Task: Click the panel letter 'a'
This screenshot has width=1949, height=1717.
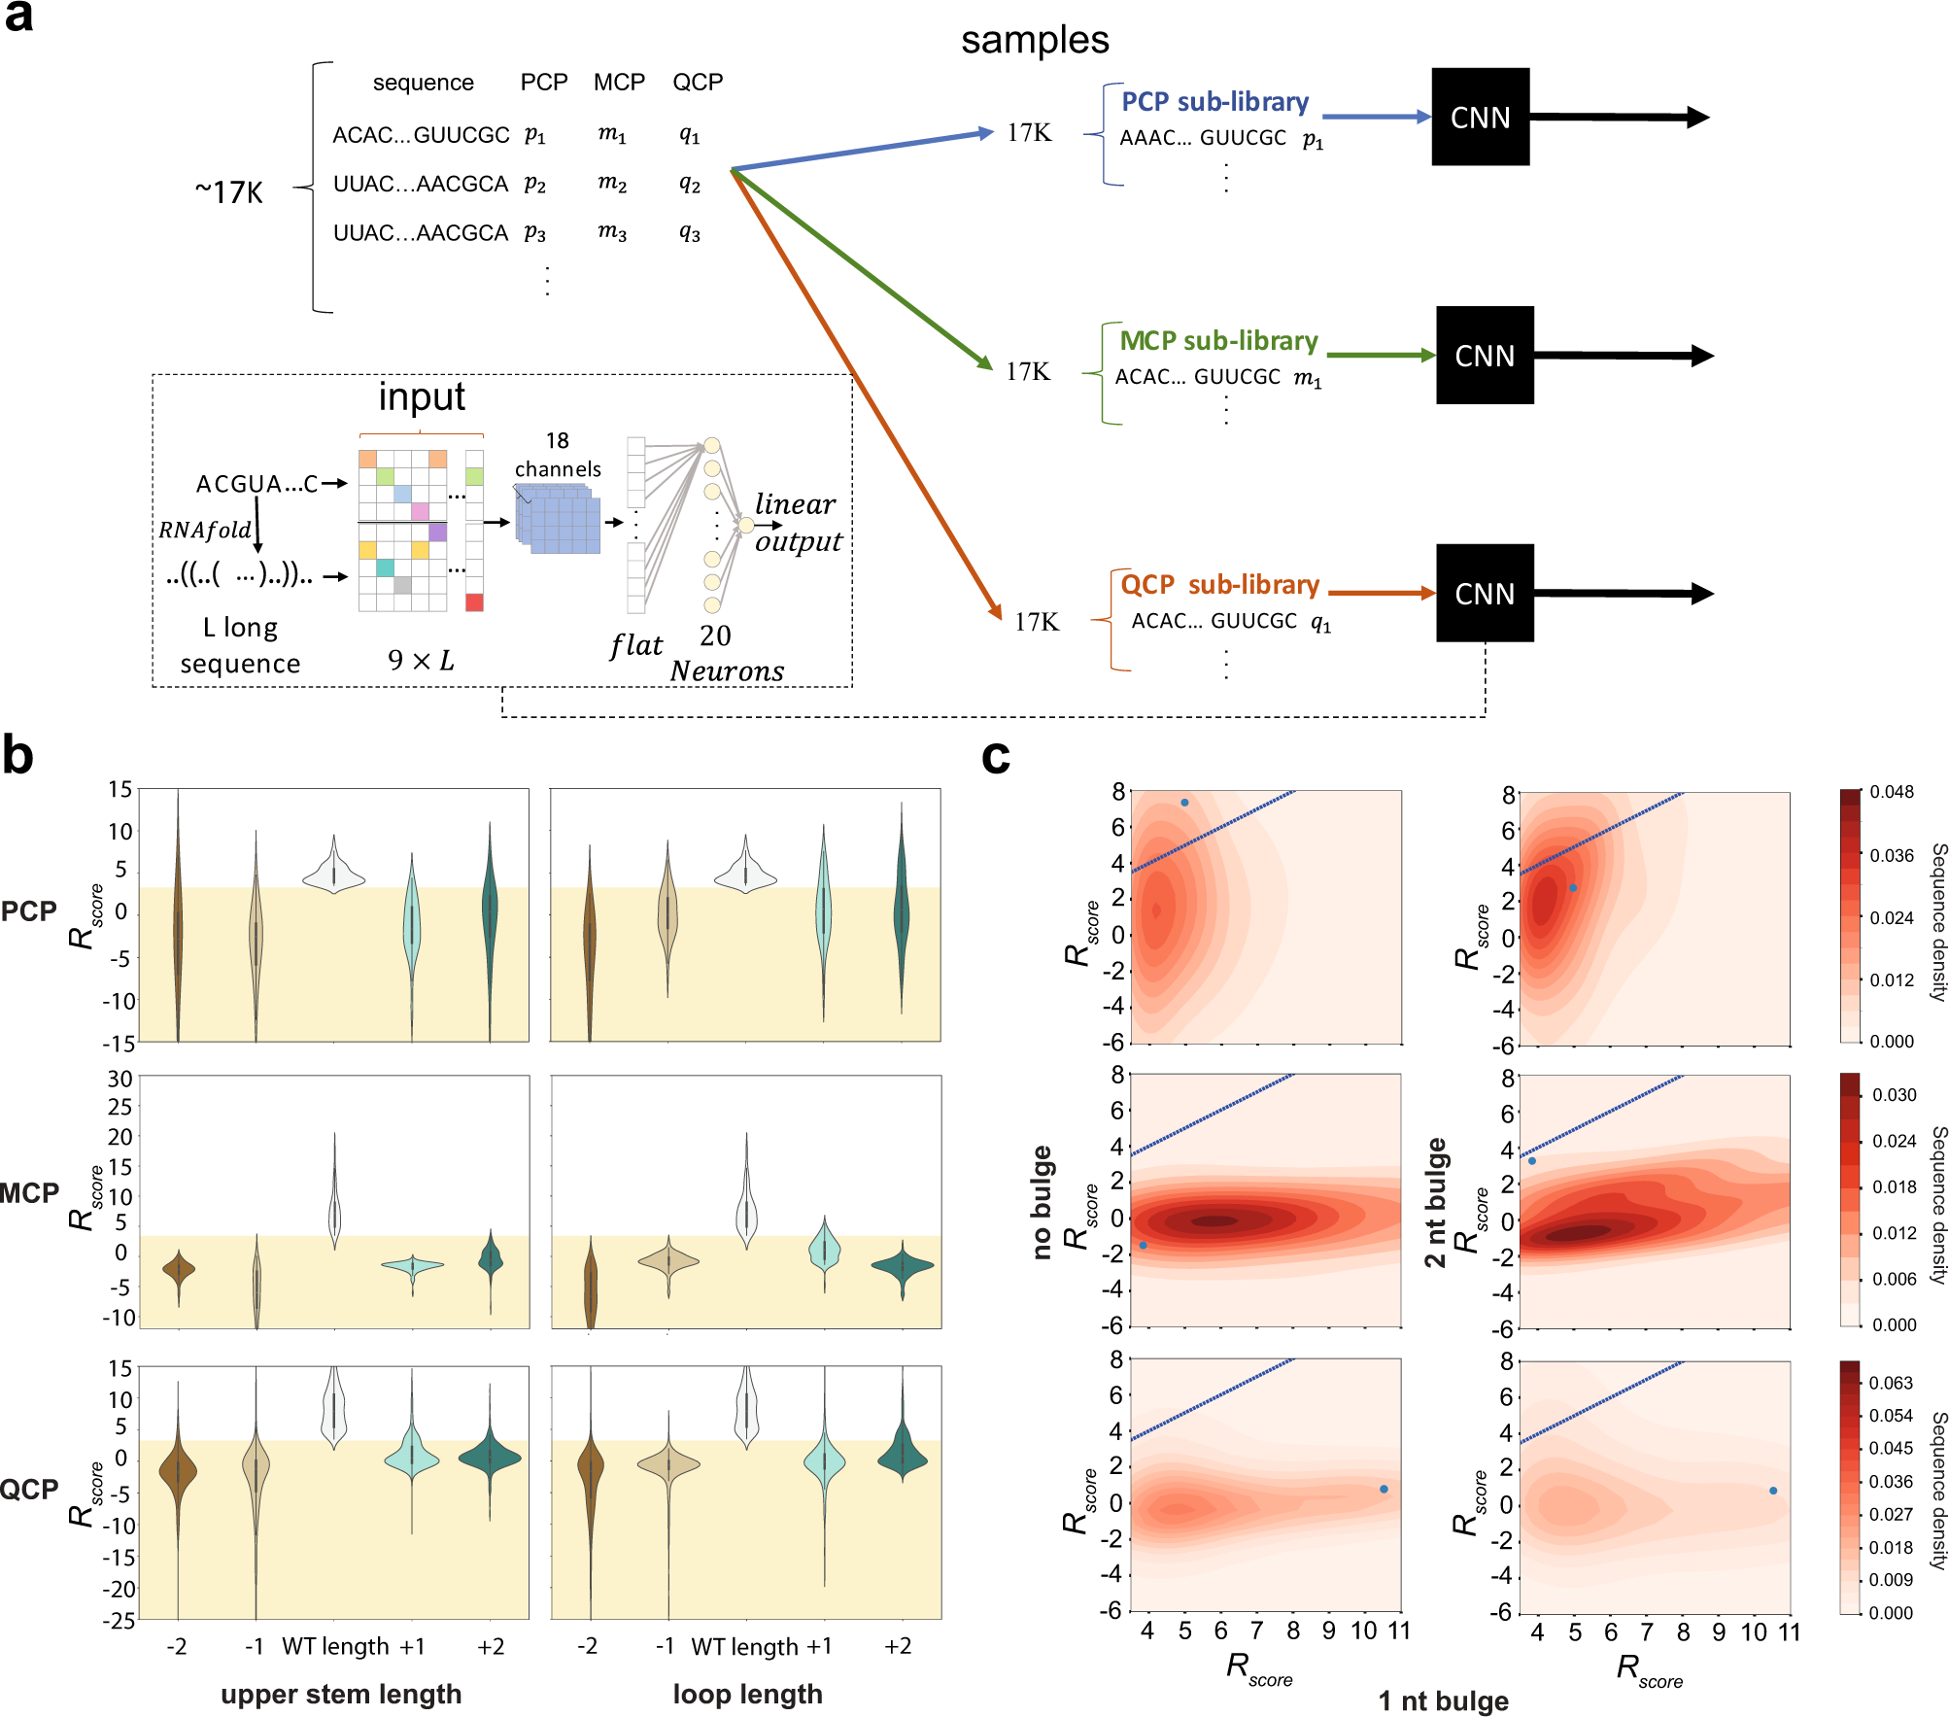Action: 18,17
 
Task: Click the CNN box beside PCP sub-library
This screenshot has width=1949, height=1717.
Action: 1480,118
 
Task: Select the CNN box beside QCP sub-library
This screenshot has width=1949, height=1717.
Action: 1484,594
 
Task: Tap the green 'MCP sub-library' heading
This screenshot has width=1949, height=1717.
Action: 1218,341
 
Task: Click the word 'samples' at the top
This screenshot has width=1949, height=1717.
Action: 1034,41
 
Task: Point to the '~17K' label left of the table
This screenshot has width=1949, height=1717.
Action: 229,192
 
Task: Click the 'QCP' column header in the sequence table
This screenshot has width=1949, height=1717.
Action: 698,83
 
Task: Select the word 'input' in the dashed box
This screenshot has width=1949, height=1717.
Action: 422,396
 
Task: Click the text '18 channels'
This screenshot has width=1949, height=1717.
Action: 558,455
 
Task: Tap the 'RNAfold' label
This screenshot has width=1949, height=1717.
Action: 205,530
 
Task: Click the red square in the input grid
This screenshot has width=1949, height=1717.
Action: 474,602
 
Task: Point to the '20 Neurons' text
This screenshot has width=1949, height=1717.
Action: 725,654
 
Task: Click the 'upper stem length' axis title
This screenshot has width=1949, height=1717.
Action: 341,1694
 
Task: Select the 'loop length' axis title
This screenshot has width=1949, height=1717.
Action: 747,1694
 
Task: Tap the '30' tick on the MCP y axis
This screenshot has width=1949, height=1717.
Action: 120,1079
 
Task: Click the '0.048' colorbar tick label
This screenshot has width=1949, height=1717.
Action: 1891,792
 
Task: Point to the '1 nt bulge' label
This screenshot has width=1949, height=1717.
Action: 1443,1700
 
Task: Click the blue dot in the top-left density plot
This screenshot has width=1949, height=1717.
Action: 1184,803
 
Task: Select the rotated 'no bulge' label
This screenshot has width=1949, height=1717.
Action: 1043,1202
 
